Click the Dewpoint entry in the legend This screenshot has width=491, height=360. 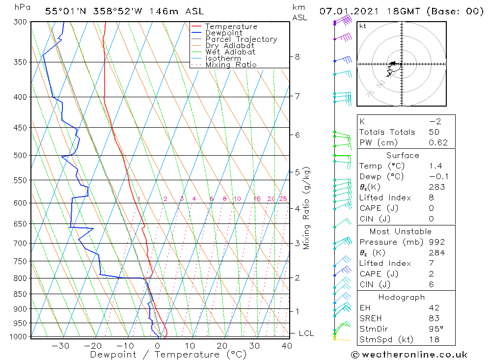223,33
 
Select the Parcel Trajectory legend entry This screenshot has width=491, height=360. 241,39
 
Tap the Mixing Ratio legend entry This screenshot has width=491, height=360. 231,65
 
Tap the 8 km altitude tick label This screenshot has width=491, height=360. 297,56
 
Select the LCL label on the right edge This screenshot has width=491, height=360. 306,333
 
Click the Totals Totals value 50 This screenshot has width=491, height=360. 434,132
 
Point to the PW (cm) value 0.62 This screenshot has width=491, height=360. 438,143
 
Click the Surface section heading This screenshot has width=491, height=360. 403,156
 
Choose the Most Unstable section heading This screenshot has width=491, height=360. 401,232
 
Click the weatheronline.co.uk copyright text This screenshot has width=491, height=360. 409,355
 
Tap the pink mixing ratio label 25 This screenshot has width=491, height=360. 283,199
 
